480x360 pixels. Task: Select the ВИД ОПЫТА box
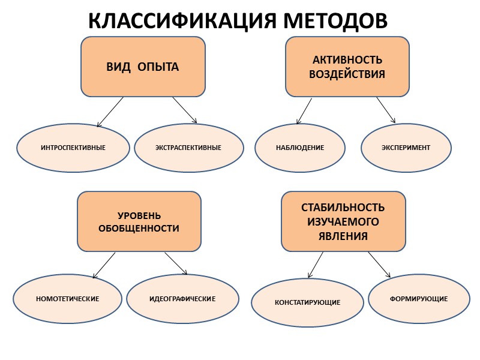point(143,67)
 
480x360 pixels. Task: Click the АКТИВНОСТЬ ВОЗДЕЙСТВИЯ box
point(347,67)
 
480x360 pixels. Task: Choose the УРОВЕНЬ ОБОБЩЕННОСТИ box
point(139,221)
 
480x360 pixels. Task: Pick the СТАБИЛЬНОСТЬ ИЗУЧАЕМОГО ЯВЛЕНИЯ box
point(343,221)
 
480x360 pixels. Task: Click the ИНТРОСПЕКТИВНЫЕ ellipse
point(73,148)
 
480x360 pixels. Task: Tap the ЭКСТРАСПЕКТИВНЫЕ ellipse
point(188,148)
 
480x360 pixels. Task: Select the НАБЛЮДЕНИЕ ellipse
point(300,148)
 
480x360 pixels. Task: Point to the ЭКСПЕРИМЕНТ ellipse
point(406,148)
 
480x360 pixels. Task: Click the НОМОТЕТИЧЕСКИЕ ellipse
point(67,298)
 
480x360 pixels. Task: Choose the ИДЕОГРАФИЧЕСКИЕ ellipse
point(182,298)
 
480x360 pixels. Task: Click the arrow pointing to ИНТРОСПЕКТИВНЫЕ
point(110,112)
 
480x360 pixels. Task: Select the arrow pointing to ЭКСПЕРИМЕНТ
point(386,110)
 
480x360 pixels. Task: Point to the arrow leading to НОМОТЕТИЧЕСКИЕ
point(104,265)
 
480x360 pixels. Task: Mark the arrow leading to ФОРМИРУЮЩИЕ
point(379,265)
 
